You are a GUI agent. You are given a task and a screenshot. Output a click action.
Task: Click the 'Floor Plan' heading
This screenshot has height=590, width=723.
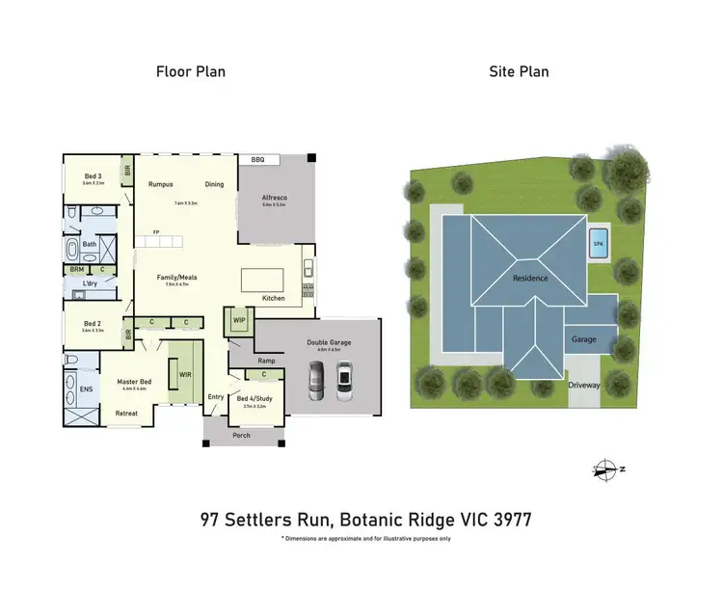[190, 71]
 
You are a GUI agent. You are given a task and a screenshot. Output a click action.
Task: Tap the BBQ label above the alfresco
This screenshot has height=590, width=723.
[257, 159]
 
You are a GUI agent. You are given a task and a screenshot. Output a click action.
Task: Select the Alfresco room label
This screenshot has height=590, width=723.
[275, 198]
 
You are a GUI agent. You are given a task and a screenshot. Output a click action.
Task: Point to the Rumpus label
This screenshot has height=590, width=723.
[160, 184]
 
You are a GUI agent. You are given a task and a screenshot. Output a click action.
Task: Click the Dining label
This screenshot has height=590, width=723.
[214, 184]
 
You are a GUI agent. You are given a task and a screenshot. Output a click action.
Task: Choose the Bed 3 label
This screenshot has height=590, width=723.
[92, 175]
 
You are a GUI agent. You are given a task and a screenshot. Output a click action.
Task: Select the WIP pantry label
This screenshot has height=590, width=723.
[238, 319]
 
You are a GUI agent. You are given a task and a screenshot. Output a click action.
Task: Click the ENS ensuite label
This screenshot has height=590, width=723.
[85, 389]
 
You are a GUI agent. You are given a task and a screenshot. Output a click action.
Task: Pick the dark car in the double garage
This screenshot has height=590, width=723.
[317, 383]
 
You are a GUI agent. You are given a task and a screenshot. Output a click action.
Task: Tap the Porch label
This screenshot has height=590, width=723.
[242, 435]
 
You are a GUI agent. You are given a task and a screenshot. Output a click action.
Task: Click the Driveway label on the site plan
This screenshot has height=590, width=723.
[583, 384]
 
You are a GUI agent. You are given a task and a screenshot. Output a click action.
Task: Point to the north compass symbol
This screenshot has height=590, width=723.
[607, 469]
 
